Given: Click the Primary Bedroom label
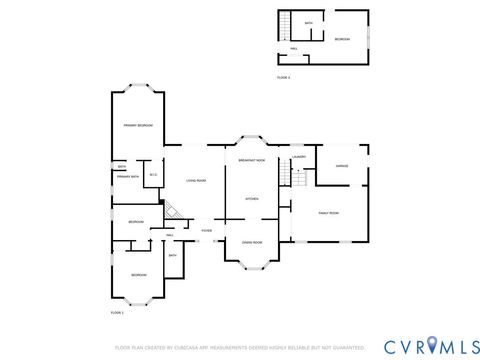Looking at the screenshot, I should (x=137, y=125).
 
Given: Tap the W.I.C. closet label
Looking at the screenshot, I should (x=153, y=176).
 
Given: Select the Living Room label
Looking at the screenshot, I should (x=195, y=180).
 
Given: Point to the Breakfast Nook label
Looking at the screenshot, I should (x=251, y=160).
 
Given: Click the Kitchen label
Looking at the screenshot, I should (x=252, y=199).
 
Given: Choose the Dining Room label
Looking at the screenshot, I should (x=251, y=242).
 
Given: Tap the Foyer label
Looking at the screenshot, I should (x=206, y=231).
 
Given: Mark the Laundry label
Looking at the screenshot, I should (x=299, y=157).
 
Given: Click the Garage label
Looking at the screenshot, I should (x=341, y=165).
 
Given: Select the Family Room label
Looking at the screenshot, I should (x=329, y=213).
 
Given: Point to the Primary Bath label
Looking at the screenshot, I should (x=127, y=177).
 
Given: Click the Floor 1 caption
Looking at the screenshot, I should (x=116, y=313).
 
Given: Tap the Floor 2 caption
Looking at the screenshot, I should (x=283, y=77).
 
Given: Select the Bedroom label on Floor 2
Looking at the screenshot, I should (x=342, y=39).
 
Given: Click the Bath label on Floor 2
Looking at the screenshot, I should (x=309, y=22).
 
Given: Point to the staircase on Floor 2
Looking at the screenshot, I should (x=285, y=25).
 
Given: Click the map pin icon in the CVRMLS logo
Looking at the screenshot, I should (x=431, y=345).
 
